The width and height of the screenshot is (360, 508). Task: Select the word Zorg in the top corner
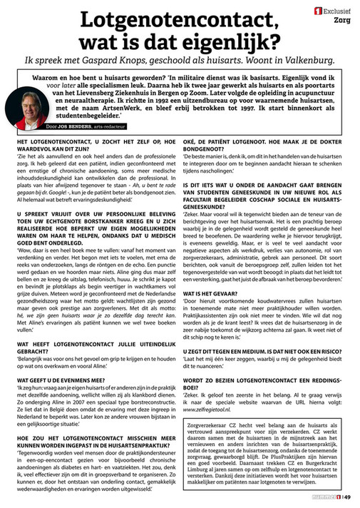(x=343, y=21)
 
